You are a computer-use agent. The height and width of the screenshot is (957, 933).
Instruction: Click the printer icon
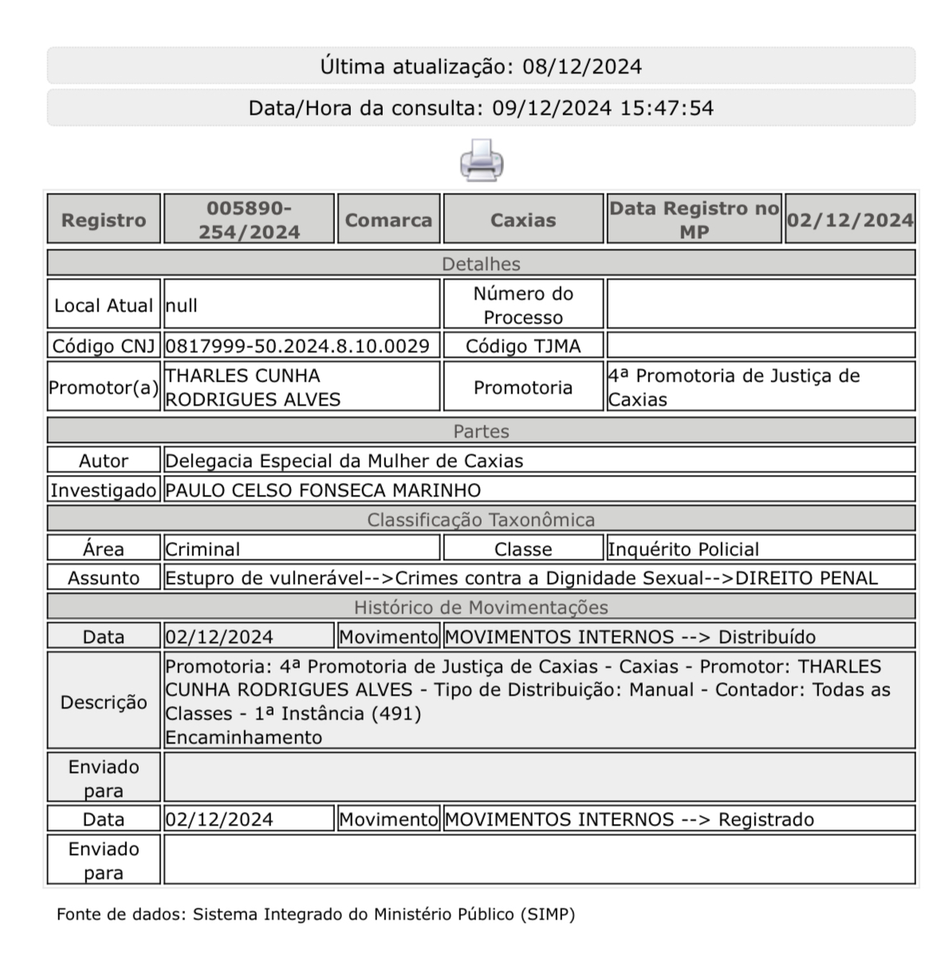pyautogui.click(x=481, y=160)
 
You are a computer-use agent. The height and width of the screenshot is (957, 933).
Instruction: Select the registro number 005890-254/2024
pyautogui.click(x=249, y=220)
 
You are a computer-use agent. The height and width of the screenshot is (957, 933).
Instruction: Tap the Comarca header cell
pyautogui.click(x=388, y=220)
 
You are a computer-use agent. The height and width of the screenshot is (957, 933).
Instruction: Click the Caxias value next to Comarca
pyautogui.click(x=523, y=220)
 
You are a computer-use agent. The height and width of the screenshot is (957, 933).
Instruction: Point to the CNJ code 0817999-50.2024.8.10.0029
pyautogui.click(x=297, y=346)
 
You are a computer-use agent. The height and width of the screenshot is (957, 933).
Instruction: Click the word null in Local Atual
pyautogui.click(x=182, y=305)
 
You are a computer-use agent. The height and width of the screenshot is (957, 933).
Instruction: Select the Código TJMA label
pyautogui.click(x=523, y=346)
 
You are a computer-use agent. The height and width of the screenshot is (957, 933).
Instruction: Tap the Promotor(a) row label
pyautogui.click(x=104, y=387)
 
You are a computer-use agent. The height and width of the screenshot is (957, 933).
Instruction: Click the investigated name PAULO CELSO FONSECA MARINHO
pyautogui.click(x=323, y=490)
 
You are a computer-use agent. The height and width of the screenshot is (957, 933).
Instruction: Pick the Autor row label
pyautogui.click(x=104, y=461)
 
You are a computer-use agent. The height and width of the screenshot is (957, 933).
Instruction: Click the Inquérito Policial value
pyautogui.click(x=683, y=549)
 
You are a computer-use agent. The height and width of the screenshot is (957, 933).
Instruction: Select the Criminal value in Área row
pyautogui.click(x=203, y=549)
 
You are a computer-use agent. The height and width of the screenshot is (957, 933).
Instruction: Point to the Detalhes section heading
pyautogui.click(x=481, y=264)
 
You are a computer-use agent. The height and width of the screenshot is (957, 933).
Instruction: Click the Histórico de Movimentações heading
pyautogui.click(x=481, y=607)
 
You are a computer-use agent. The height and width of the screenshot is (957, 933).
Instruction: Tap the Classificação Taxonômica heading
pyautogui.click(x=481, y=520)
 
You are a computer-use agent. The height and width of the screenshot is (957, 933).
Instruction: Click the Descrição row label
pyautogui.click(x=104, y=702)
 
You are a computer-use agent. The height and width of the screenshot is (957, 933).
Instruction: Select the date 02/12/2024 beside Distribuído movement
pyautogui.click(x=219, y=637)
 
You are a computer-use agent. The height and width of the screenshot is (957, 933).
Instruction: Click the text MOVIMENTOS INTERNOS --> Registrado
pyautogui.click(x=629, y=819)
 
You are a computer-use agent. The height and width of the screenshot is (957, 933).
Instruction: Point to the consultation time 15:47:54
pyautogui.click(x=667, y=108)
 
